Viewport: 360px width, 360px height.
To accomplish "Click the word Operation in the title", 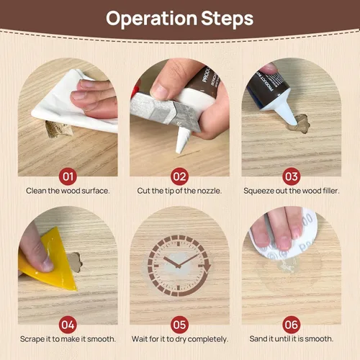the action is tap(151, 19).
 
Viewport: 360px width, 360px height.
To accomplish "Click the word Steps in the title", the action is tap(227, 18).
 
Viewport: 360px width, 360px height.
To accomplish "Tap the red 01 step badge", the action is tap(68, 176).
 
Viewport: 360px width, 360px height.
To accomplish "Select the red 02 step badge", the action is tap(179, 176).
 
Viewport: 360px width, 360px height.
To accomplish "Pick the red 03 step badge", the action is tap(292, 176).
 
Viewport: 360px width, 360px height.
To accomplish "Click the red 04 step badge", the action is tap(68, 325).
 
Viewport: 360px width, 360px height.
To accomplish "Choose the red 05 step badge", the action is tap(179, 325).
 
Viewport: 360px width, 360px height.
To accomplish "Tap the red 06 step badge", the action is tap(292, 325).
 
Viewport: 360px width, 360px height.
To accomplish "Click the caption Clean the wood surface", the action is tap(68, 191).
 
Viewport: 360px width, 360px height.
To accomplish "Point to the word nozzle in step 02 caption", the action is tap(209, 191).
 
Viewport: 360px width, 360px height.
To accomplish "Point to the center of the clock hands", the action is tap(178, 266).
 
